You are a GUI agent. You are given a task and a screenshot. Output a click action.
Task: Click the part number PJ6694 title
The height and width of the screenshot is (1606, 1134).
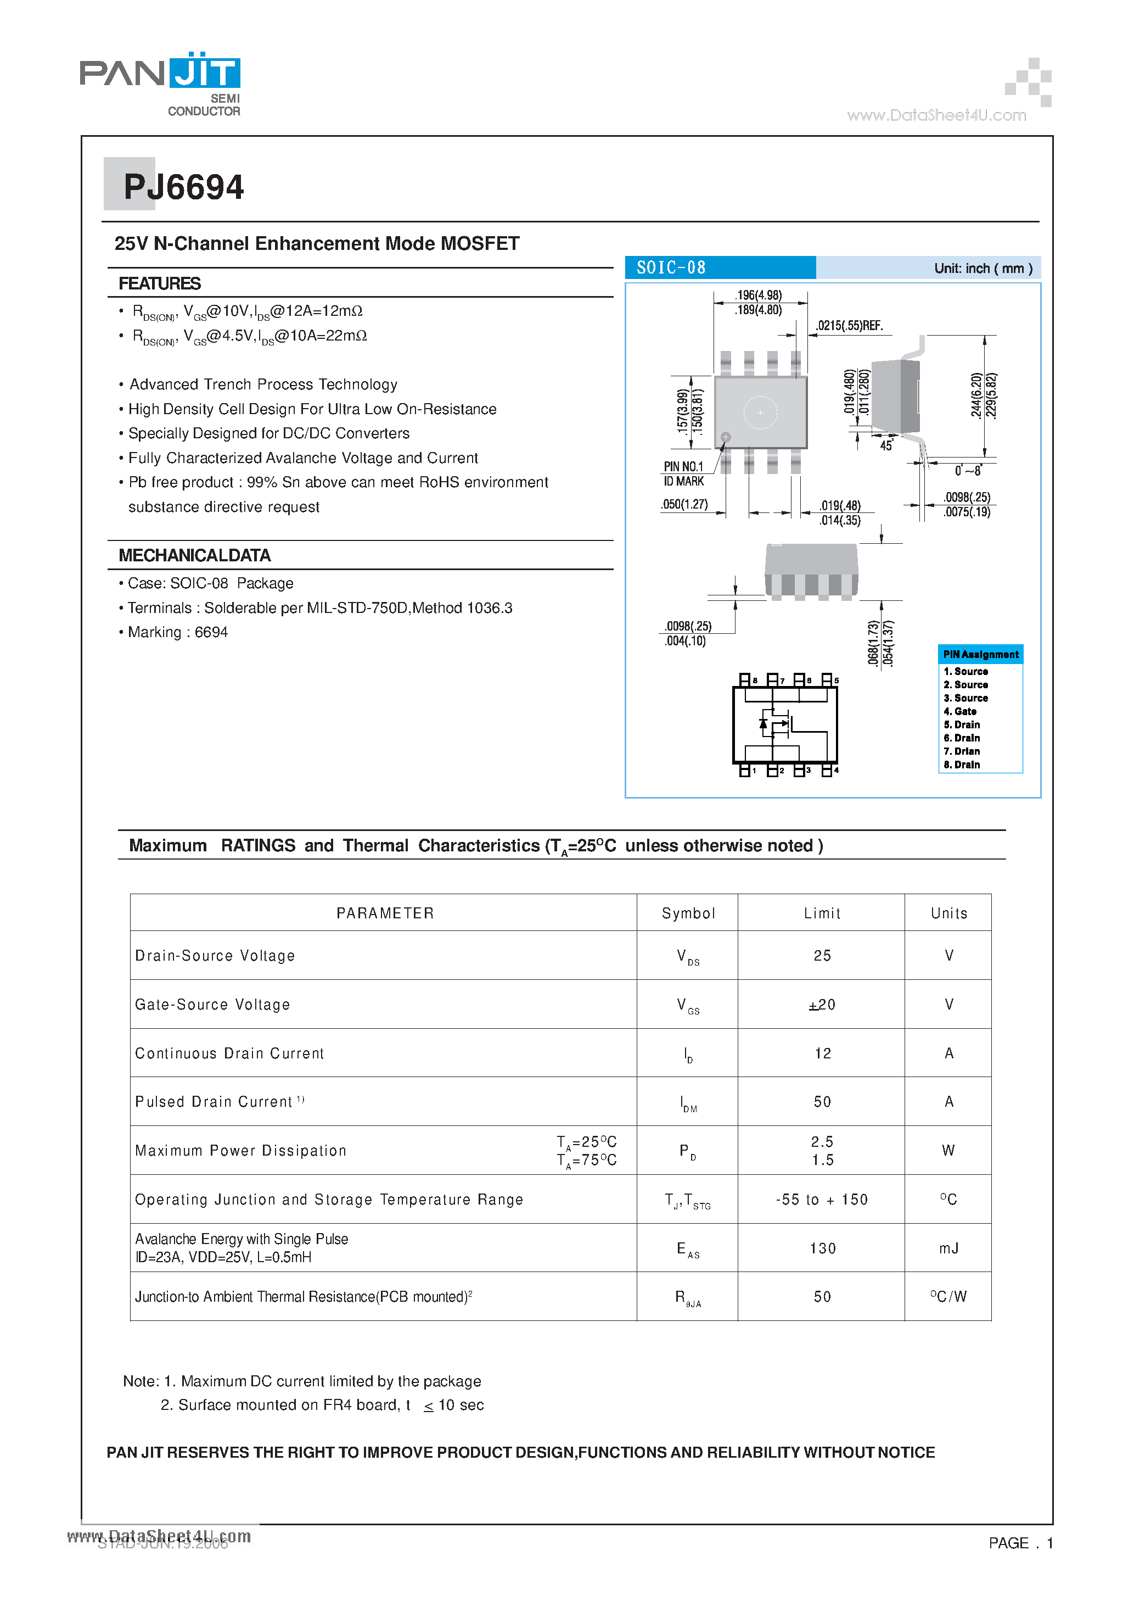[x=183, y=187]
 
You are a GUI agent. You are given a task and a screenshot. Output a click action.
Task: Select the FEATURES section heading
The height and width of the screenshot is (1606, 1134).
[x=159, y=283]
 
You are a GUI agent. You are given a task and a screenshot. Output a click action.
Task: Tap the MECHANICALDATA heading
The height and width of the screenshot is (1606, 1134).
[x=194, y=555]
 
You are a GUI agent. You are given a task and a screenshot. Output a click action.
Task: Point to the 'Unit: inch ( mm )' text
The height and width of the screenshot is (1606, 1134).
[x=983, y=269]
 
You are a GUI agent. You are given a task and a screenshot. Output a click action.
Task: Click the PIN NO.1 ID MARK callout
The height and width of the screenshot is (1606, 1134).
[x=684, y=473]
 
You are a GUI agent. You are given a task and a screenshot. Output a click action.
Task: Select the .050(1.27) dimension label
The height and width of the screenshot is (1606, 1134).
[x=684, y=504]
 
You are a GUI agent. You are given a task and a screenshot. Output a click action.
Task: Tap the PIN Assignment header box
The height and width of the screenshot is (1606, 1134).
[x=980, y=655]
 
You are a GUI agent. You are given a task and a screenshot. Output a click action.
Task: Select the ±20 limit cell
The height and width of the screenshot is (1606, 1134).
[x=822, y=1005]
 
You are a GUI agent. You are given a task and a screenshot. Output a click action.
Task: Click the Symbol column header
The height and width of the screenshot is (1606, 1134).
[x=688, y=913]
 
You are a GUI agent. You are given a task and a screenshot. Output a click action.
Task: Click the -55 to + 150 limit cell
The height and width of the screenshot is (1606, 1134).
[x=822, y=1200]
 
